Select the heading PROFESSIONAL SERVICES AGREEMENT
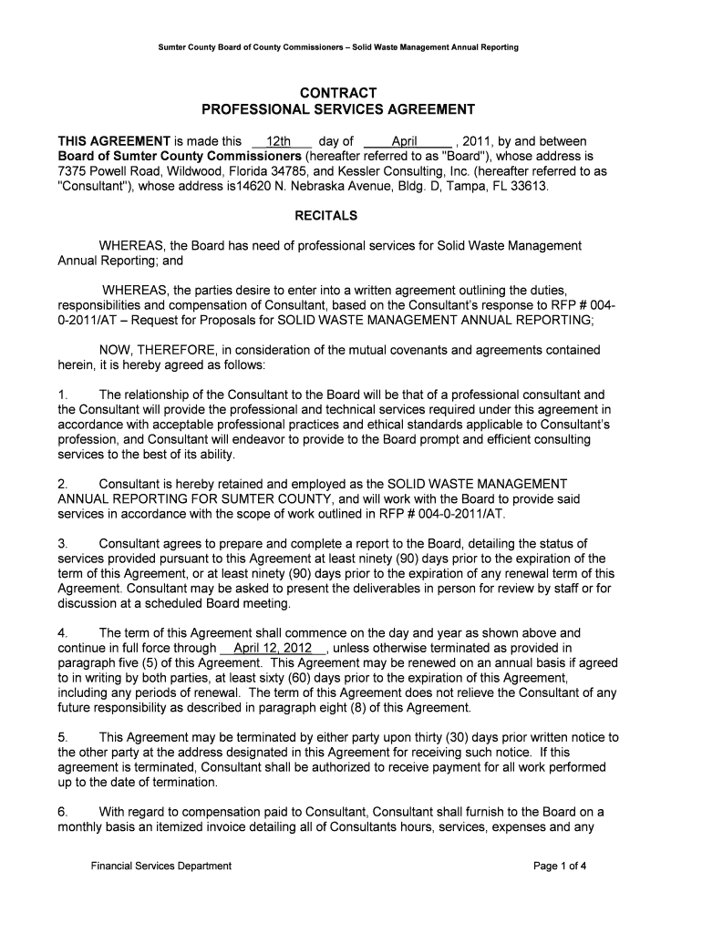point(338,110)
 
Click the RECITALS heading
point(325,217)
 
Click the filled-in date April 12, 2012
point(273,649)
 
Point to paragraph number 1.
point(63,395)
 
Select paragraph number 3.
point(63,544)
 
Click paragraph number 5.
point(63,737)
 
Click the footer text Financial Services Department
point(161,866)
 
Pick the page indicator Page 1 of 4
point(559,866)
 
